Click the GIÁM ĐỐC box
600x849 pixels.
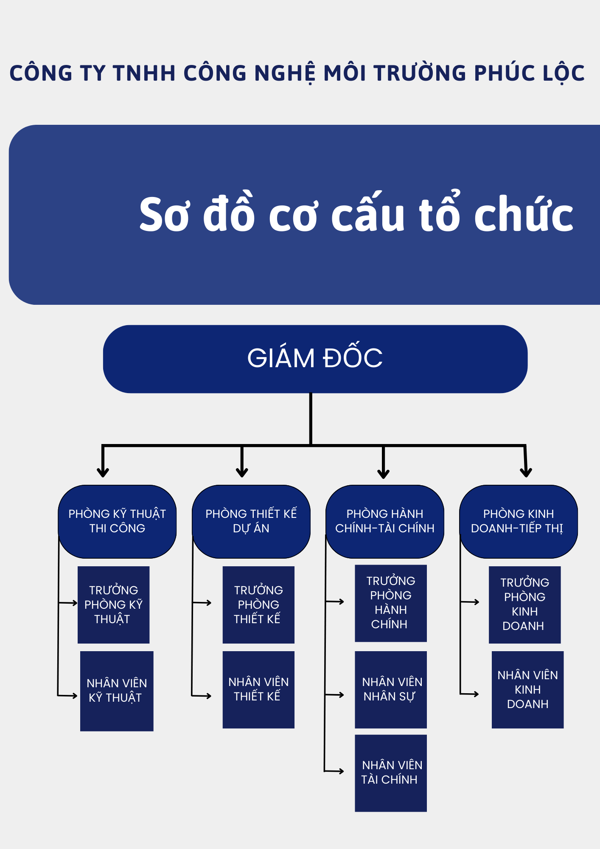pyautogui.click(x=315, y=359)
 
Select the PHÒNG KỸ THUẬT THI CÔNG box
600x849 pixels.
pyautogui.click(x=117, y=521)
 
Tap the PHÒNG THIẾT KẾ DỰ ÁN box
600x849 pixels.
pyautogui.click(x=251, y=521)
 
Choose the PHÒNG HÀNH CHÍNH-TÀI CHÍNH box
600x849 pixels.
pyautogui.click(x=385, y=521)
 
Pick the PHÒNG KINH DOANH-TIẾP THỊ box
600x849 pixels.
pyautogui.click(x=519, y=521)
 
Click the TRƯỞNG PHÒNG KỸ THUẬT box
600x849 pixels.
pyautogui.click(x=114, y=605)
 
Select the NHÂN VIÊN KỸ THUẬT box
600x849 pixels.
pyautogui.click(x=117, y=691)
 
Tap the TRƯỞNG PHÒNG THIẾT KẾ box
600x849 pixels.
pyautogui.click(x=258, y=605)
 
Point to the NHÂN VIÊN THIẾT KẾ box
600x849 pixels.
pyautogui.click(x=258, y=690)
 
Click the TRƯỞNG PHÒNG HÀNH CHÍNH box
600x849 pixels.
pyautogui.click(x=391, y=603)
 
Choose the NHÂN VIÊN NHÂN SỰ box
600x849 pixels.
pyautogui.click(x=391, y=690)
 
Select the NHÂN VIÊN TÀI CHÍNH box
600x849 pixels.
pyautogui.click(x=391, y=773)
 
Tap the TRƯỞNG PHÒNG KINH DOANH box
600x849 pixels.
pyautogui.click(x=525, y=605)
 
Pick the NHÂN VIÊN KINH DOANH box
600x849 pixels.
pyautogui.click(x=528, y=690)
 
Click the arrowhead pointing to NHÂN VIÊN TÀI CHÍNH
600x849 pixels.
pyautogui.click(x=341, y=771)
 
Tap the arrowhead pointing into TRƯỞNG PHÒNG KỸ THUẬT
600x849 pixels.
pyautogui.click(x=75, y=603)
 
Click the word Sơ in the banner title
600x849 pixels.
pyautogui.click(x=164, y=214)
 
